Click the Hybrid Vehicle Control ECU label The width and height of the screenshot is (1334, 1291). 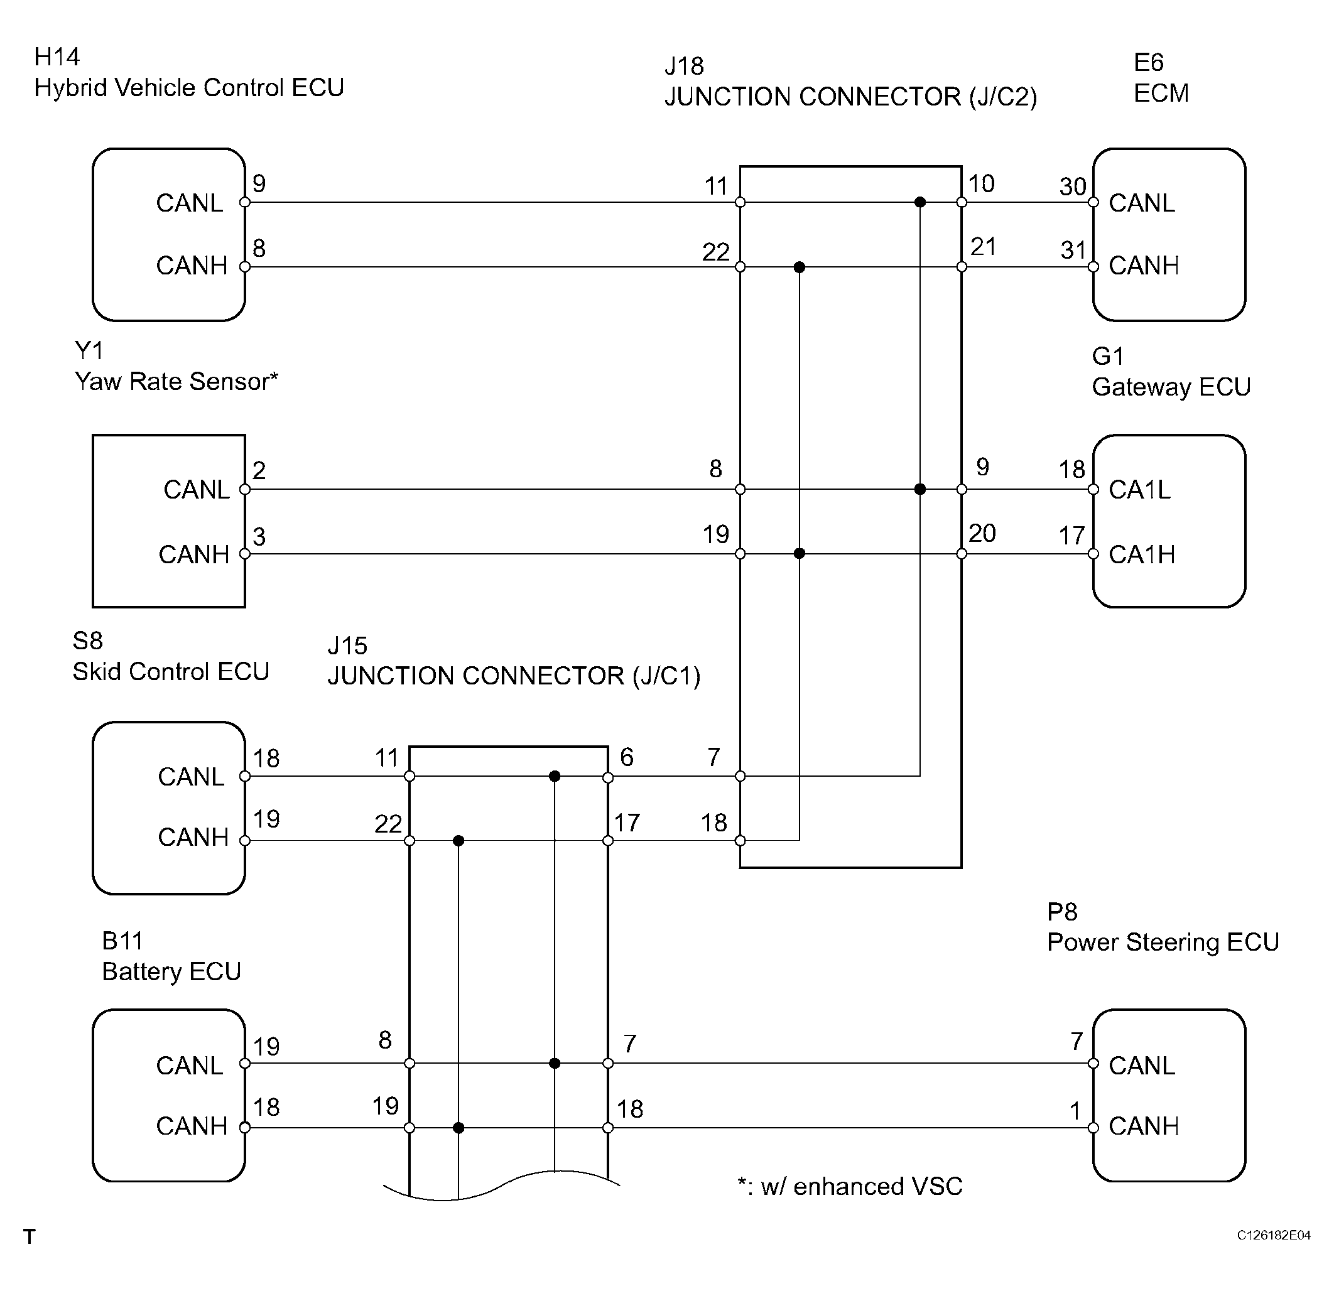189,87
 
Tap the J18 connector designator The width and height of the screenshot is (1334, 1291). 684,66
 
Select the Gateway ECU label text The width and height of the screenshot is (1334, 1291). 1171,387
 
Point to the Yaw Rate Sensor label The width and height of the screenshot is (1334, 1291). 176,381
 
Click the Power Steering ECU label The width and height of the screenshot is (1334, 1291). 1163,942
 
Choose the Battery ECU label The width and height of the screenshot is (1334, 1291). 171,971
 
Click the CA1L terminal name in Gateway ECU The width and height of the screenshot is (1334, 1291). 1139,489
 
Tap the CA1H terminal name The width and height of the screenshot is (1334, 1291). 1141,554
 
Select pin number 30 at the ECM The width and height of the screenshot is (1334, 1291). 1073,186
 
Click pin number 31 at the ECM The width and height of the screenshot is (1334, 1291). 1073,251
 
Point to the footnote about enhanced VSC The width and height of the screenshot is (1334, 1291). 850,1186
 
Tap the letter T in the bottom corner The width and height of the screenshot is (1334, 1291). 30,1236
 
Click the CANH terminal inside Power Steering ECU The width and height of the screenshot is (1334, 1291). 1144,1126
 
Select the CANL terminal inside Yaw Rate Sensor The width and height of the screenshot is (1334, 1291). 197,489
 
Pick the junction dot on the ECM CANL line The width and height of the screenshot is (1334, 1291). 920,202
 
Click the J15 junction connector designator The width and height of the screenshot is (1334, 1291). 347,645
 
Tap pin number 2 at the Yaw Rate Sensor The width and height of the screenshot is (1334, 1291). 259,470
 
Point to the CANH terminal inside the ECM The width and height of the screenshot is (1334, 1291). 1144,266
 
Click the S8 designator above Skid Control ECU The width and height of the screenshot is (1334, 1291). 88,640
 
